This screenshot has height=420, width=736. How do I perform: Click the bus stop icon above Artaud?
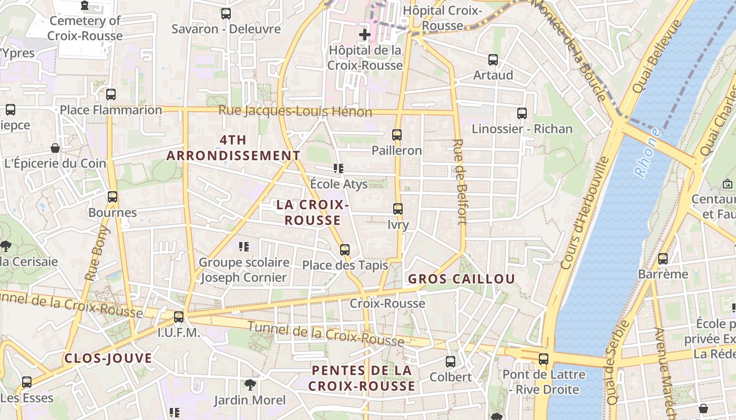493,60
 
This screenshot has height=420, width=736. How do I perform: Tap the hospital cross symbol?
364,35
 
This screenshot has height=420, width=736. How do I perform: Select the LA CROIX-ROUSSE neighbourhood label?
313,212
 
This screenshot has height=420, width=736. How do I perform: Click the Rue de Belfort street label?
461,182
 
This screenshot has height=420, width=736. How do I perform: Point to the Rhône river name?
648,152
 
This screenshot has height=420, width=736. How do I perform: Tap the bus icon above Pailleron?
397,135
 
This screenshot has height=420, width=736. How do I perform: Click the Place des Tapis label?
345,265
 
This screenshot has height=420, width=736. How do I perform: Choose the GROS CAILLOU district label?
461,279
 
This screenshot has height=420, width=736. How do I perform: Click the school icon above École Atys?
339,169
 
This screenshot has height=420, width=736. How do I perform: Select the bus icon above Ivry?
398,209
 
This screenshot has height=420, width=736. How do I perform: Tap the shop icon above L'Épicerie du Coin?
55,148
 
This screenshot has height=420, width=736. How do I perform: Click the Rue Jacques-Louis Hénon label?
295,111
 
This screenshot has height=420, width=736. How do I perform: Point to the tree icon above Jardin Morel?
250,385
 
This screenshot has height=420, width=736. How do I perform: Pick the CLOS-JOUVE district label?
108,359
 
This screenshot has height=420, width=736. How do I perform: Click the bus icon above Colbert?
451,361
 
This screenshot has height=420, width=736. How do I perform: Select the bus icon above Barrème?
663,258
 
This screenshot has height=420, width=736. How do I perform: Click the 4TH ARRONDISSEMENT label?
233,148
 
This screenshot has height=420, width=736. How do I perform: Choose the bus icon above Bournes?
113,197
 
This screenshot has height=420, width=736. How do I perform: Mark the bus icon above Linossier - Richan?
522,113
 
